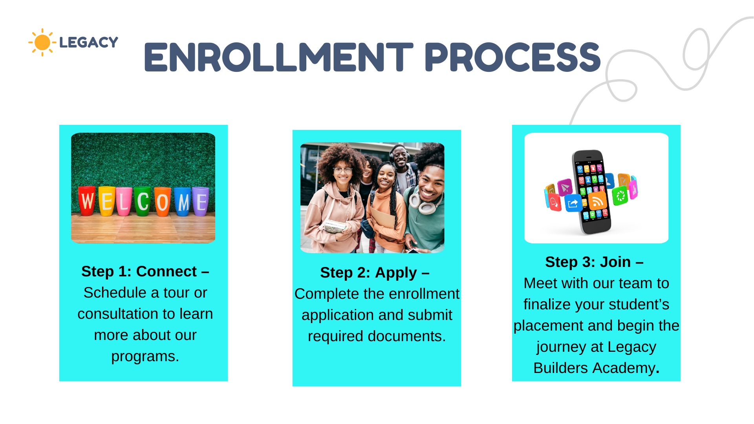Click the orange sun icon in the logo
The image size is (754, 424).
click(42, 42)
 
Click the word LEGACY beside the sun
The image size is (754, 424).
click(89, 42)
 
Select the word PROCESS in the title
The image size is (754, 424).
click(512, 57)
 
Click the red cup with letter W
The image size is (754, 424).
click(87, 201)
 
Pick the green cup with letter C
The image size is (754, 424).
click(143, 201)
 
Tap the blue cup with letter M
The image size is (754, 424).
click(183, 201)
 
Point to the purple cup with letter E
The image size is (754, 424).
click(201, 202)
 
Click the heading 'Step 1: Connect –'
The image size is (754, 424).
click(145, 271)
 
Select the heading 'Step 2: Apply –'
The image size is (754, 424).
click(375, 272)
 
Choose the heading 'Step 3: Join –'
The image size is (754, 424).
click(594, 262)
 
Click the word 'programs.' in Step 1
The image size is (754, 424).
click(145, 356)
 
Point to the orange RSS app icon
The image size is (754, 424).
click(597, 201)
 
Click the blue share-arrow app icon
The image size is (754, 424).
click(573, 203)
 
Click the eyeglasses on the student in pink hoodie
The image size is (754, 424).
click(343, 170)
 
